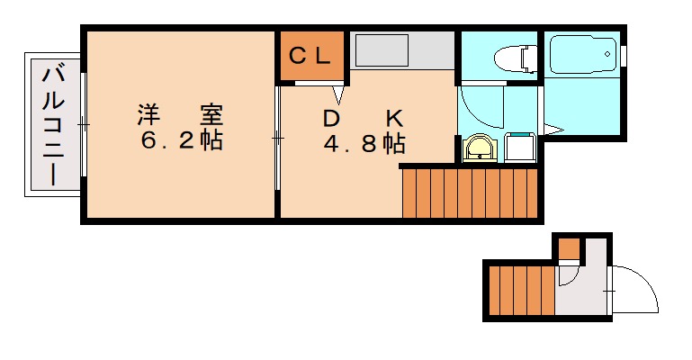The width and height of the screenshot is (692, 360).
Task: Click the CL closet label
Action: [310, 56]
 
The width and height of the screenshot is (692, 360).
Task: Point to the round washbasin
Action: [479, 148]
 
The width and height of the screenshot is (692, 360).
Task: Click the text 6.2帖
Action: [181, 142]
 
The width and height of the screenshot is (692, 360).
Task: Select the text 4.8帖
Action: [364, 144]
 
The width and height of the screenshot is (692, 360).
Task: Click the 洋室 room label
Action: [181, 115]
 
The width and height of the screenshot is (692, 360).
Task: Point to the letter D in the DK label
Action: [331, 118]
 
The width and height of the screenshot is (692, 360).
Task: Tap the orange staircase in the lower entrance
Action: [521, 290]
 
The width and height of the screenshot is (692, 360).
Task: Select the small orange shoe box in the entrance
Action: [569, 247]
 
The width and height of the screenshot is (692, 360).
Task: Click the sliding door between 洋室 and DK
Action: [277, 138]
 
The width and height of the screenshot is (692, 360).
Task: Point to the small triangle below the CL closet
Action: [340, 93]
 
